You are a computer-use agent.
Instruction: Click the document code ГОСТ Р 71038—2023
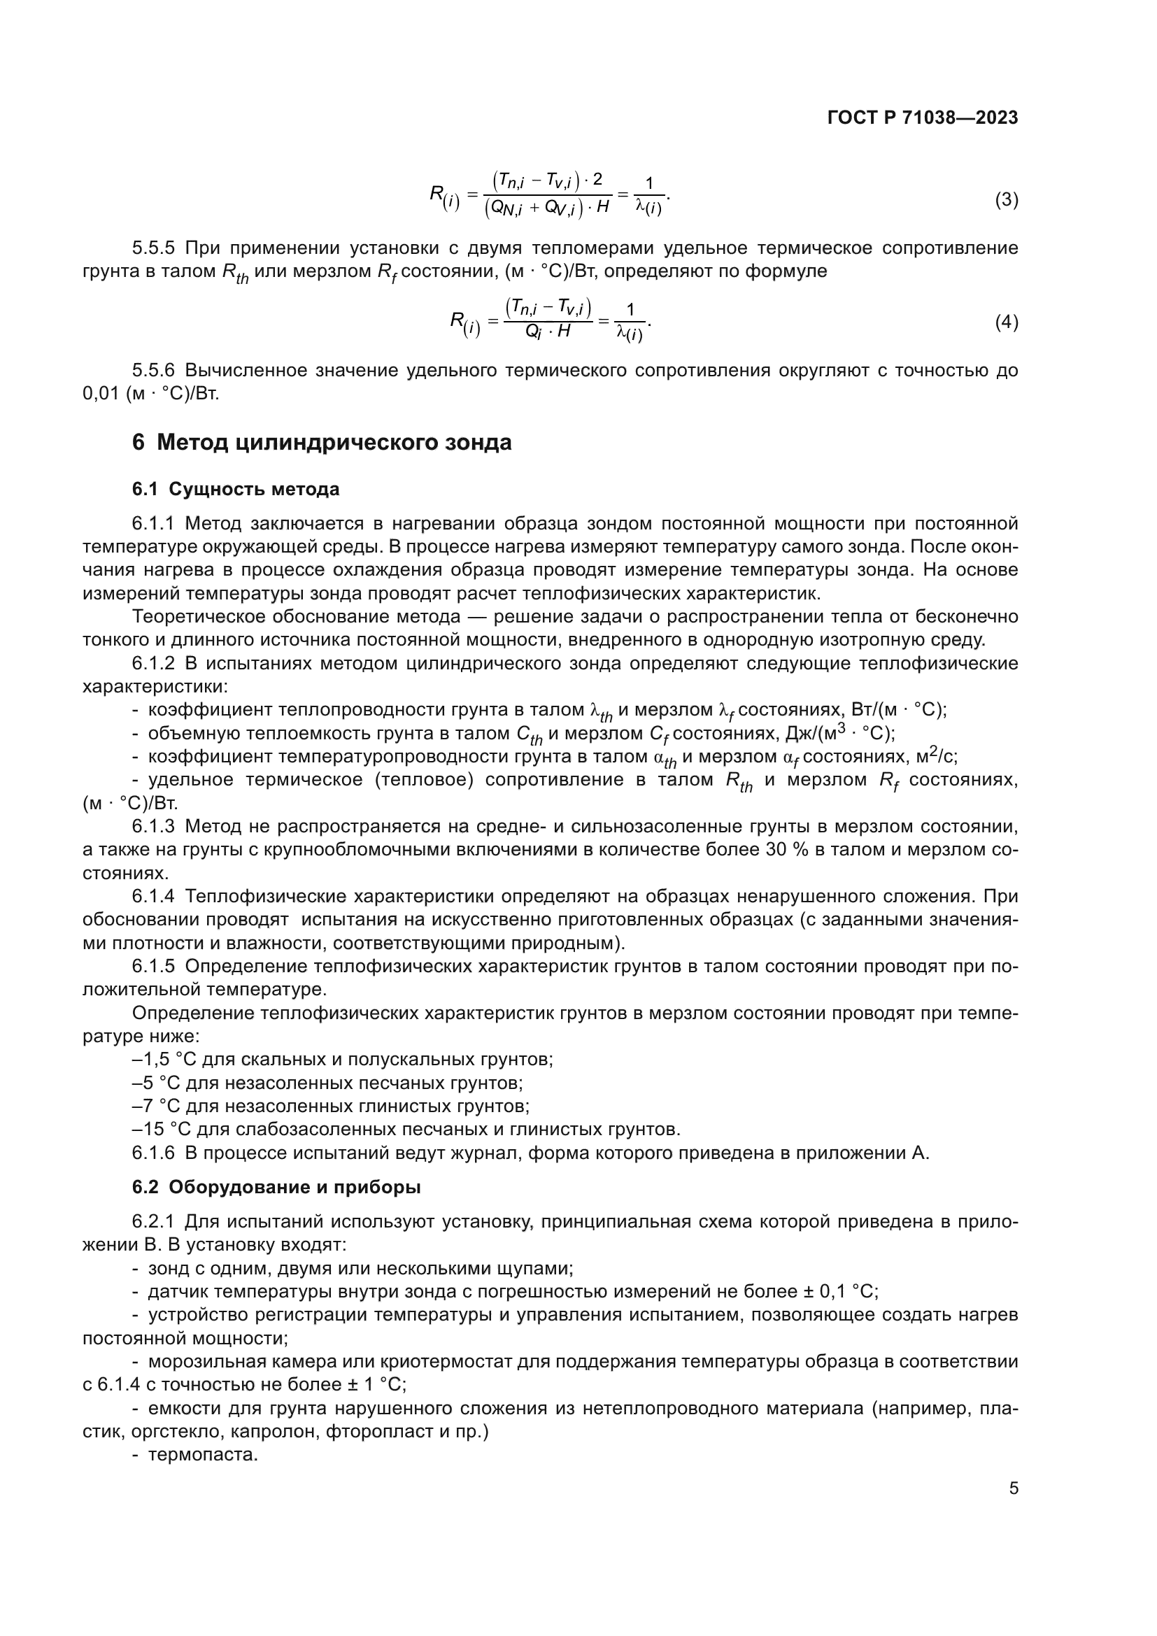[923, 118]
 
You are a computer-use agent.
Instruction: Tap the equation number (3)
[1006, 199]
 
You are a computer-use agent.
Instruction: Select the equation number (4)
[1006, 322]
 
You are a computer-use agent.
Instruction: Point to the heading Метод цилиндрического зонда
[334, 443]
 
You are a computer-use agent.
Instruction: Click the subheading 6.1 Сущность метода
[235, 490]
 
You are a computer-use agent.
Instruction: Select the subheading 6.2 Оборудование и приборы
[276, 1187]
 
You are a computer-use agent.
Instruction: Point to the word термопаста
[202, 1454]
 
